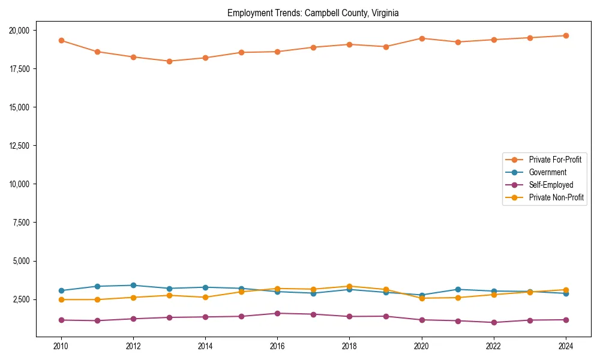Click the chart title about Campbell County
pyautogui.click(x=313, y=13)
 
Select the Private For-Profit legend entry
pyautogui.click(x=555, y=160)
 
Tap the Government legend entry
pyautogui.click(x=547, y=172)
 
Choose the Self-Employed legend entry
pyautogui.click(x=551, y=185)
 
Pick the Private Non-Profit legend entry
pyautogui.click(x=556, y=197)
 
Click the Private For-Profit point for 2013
pyautogui.click(x=169, y=61)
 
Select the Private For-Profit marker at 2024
pyautogui.click(x=566, y=35)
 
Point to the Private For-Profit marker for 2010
pyautogui.click(x=61, y=40)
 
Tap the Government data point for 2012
pyautogui.click(x=133, y=285)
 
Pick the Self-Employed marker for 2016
pyautogui.click(x=277, y=313)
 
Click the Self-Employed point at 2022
pyautogui.click(x=494, y=322)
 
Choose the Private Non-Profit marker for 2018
pyautogui.click(x=349, y=286)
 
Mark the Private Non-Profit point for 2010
pyautogui.click(x=61, y=299)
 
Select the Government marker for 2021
pyautogui.click(x=458, y=289)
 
